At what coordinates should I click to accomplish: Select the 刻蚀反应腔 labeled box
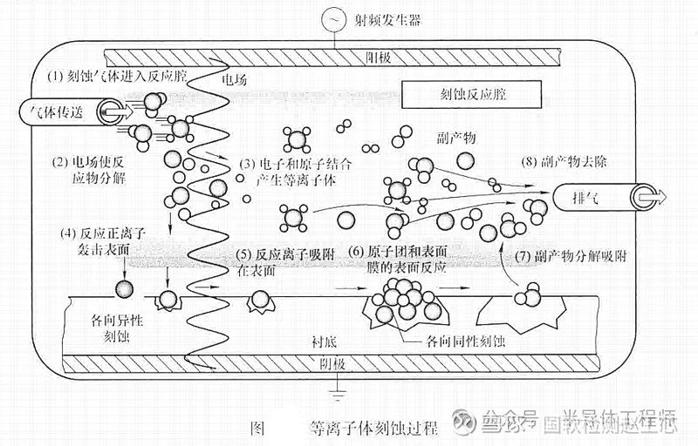click(471, 93)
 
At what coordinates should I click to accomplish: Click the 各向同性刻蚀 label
click(462, 342)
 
